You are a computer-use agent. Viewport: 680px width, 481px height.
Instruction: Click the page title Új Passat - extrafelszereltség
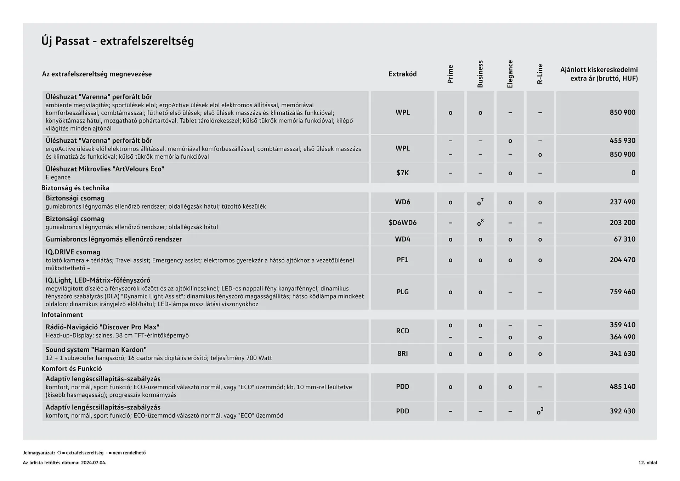[118, 41]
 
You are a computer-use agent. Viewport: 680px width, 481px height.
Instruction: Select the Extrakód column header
[402, 74]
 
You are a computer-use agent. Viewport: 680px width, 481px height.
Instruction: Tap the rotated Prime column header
[450, 74]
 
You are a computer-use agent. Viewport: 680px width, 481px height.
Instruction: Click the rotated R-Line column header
[540, 74]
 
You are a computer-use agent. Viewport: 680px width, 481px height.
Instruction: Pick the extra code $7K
[402, 173]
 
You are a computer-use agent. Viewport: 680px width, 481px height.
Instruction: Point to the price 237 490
[622, 202]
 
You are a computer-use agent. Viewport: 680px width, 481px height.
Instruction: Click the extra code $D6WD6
[402, 222]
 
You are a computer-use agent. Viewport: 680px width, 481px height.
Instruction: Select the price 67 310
[624, 239]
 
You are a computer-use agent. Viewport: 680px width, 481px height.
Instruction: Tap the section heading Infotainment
[62, 315]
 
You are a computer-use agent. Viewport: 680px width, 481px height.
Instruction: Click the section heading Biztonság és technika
[75, 188]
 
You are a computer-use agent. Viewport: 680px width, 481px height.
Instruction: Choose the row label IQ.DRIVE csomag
[73, 252]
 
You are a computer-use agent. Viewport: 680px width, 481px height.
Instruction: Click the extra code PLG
[402, 292]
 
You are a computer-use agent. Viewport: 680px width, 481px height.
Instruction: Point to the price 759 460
[622, 292]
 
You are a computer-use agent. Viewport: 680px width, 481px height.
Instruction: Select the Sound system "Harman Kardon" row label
[96, 350]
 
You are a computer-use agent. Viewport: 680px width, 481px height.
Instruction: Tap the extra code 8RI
[402, 353]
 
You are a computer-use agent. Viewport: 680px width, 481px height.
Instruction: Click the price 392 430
[622, 411]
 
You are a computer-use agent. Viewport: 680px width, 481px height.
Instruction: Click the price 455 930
[622, 141]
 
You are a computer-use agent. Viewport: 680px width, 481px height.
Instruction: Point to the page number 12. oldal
[647, 463]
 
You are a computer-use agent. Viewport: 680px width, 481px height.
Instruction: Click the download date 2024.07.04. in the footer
[93, 463]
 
